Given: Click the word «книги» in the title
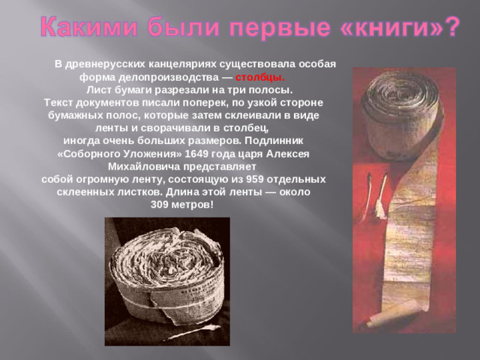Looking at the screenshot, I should point(379,27).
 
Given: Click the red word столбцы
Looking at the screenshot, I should point(259,76).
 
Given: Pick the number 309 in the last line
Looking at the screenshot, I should point(162,204).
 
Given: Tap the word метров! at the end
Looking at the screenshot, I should point(196,204).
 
